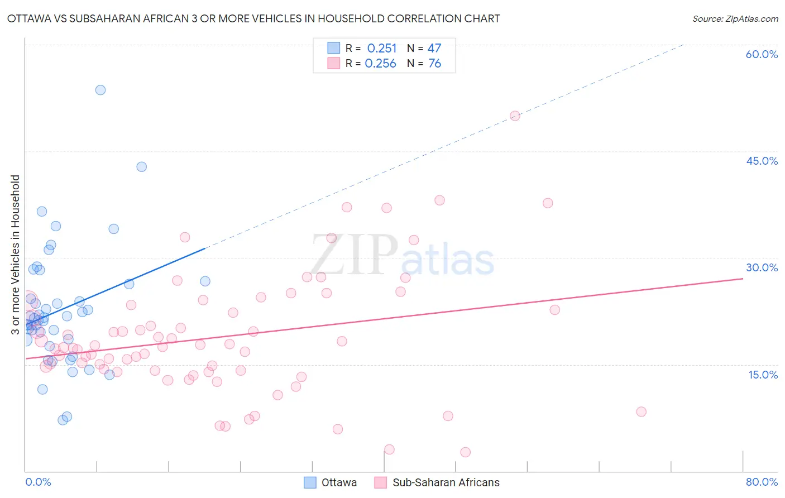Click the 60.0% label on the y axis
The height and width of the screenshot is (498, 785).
click(762, 54)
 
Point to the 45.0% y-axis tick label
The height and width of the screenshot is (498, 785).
click(762, 161)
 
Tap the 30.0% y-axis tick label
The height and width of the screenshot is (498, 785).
click(762, 267)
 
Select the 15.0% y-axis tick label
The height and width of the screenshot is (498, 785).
click(763, 374)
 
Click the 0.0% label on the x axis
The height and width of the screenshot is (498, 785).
click(38, 482)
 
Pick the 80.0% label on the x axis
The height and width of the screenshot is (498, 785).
click(762, 482)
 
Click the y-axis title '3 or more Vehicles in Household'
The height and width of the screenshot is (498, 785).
click(16, 255)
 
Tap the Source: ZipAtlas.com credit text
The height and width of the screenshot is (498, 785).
click(735, 18)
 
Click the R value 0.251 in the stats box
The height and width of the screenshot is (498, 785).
click(382, 49)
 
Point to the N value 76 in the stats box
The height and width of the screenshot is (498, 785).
click(434, 64)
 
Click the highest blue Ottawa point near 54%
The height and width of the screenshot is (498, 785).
click(100, 90)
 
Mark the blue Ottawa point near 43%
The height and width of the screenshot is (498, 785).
click(142, 167)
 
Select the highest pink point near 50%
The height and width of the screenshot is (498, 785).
click(515, 116)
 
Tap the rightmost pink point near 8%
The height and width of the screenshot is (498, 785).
click(641, 411)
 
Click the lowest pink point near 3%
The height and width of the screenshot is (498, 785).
click(465, 452)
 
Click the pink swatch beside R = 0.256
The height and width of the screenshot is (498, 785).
click(334, 63)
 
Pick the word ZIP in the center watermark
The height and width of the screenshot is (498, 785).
click(354, 255)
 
